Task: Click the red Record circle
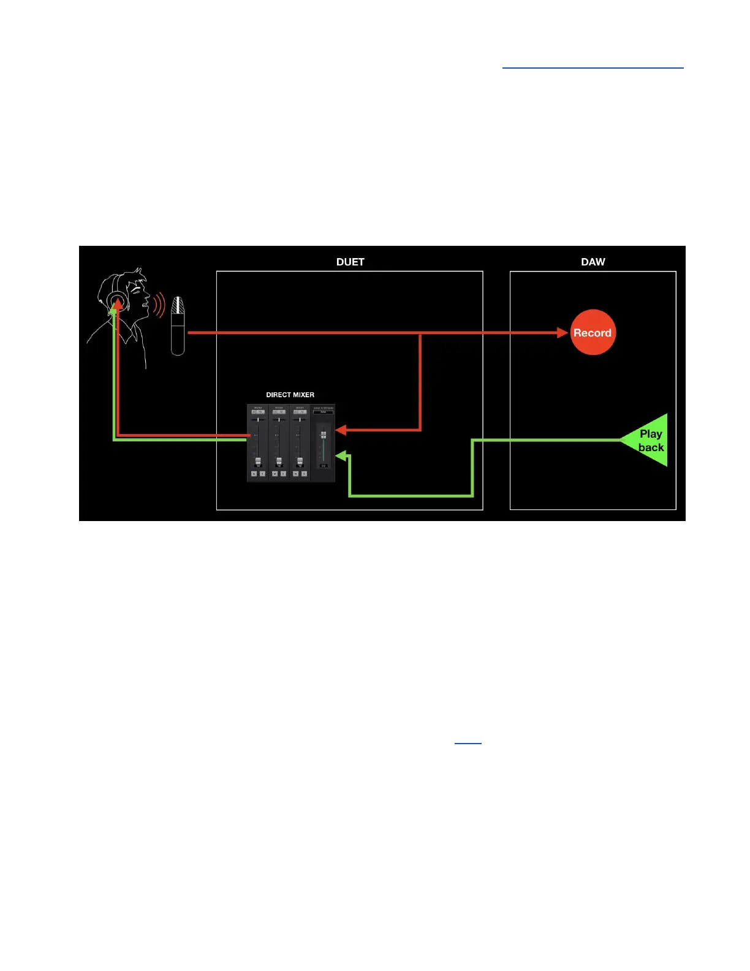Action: click(x=593, y=332)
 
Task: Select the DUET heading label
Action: click(x=350, y=262)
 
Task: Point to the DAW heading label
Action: click(x=593, y=262)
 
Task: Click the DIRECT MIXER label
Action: click(x=290, y=395)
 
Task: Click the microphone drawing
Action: click(x=178, y=326)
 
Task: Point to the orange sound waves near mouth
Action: click(x=159, y=304)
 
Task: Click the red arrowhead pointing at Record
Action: click(x=562, y=333)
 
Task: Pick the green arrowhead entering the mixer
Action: click(x=341, y=455)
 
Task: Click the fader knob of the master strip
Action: click(x=324, y=435)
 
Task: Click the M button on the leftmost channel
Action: click(x=254, y=474)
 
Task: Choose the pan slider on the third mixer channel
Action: click(x=300, y=420)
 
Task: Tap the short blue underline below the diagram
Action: click(x=468, y=742)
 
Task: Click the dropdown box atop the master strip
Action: click(x=324, y=412)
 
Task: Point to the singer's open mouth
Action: click(x=145, y=302)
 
